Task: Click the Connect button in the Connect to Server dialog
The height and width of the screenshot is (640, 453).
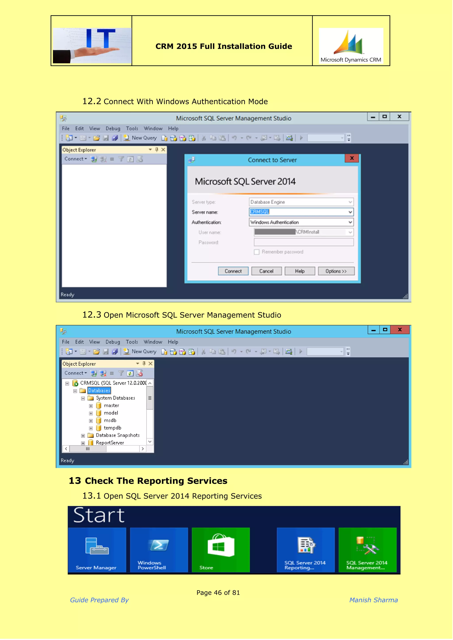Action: (x=233, y=271)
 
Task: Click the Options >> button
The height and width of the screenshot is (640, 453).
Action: (x=336, y=271)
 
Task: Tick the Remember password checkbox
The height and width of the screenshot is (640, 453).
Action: (x=257, y=252)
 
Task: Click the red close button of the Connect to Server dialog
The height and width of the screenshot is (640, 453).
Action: (x=352, y=158)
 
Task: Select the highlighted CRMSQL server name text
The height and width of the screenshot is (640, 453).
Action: (x=260, y=212)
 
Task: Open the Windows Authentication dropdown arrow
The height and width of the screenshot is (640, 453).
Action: (x=350, y=222)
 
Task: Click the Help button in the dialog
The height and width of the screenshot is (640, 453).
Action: (x=300, y=271)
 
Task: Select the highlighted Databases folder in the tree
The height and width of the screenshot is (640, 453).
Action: (x=99, y=391)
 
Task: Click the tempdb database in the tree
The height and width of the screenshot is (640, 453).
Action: (x=112, y=428)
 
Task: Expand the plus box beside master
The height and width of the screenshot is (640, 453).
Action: (x=91, y=406)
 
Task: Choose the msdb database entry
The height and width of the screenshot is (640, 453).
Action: (x=110, y=420)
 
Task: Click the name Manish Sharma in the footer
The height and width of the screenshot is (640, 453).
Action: (x=374, y=600)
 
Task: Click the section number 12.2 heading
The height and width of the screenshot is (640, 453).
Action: (x=92, y=101)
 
